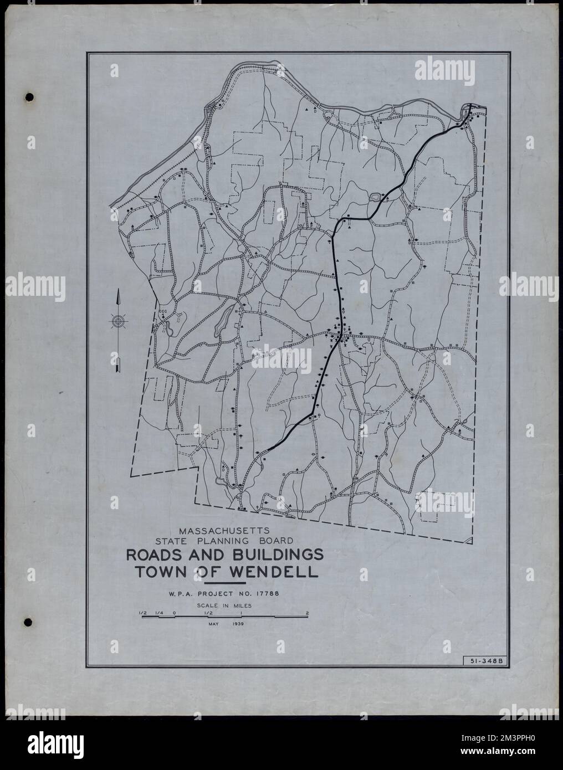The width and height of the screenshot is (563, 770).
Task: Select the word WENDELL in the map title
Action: point(280,572)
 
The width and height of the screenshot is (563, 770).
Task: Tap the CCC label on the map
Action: point(163,311)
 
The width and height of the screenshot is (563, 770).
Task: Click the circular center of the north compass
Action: point(117,321)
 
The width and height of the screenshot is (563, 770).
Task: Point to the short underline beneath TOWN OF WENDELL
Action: point(225,583)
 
